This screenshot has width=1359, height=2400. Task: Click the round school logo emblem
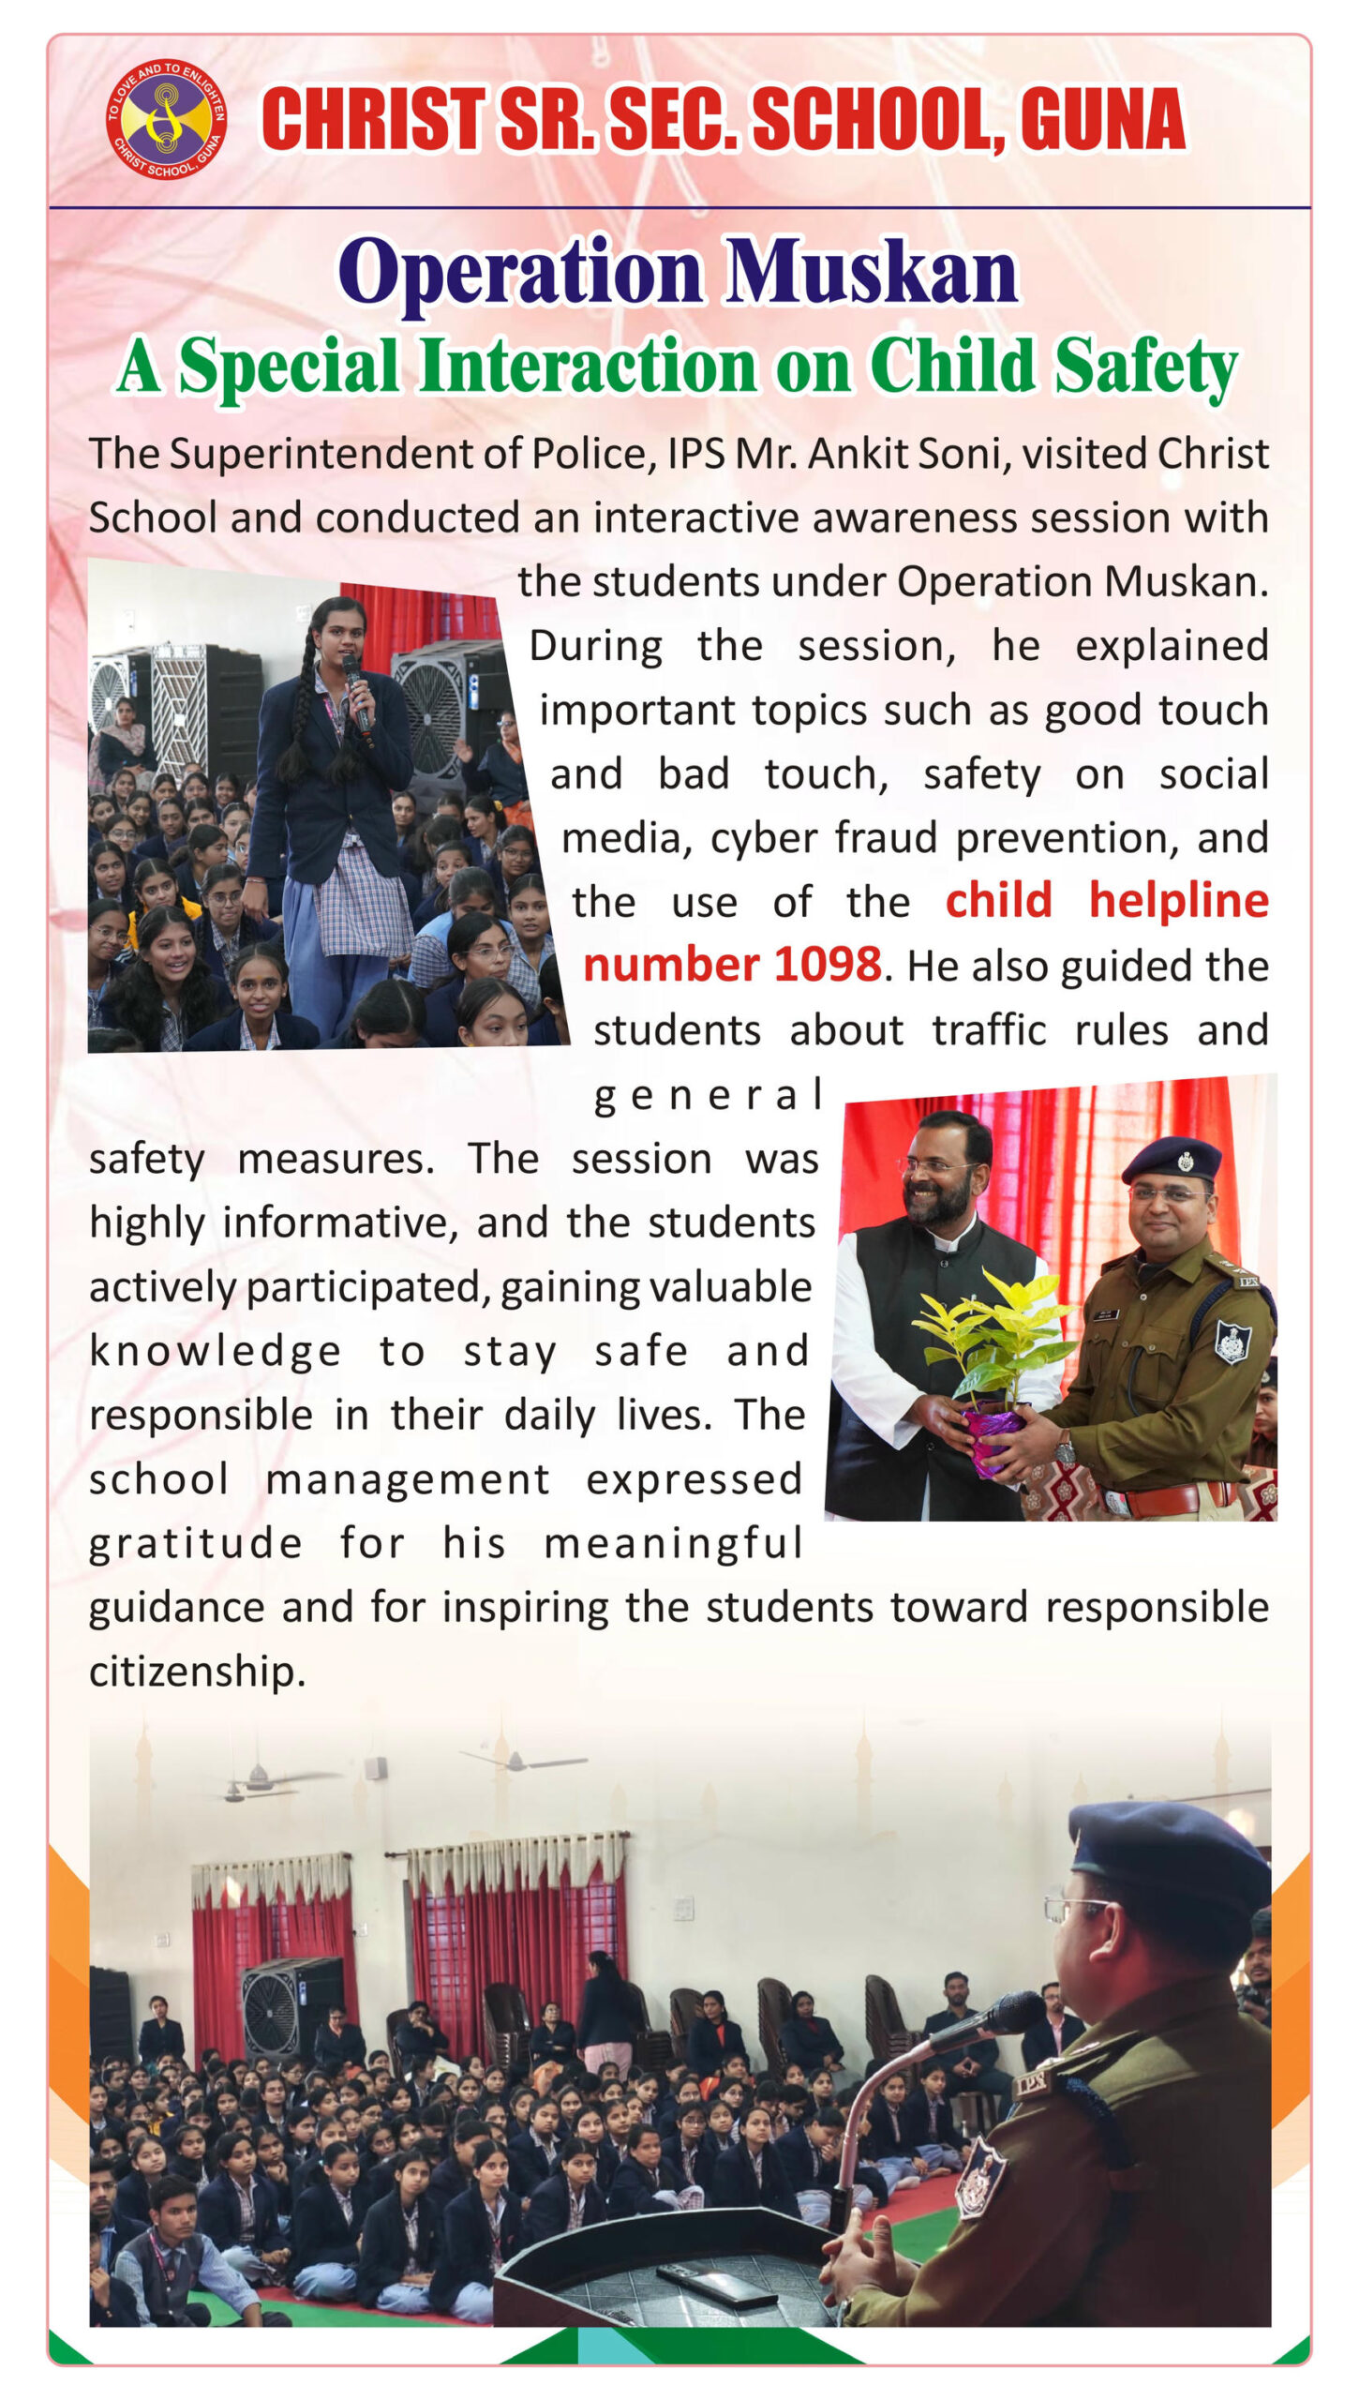[166, 118]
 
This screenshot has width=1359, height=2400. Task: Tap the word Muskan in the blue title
[872, 273]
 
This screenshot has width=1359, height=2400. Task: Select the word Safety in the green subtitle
[1145, 367]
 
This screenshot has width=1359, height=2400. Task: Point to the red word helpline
[1178, 901]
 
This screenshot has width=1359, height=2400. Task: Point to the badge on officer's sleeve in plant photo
[1232, 1341]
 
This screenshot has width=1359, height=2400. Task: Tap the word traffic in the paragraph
[988, 1029]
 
